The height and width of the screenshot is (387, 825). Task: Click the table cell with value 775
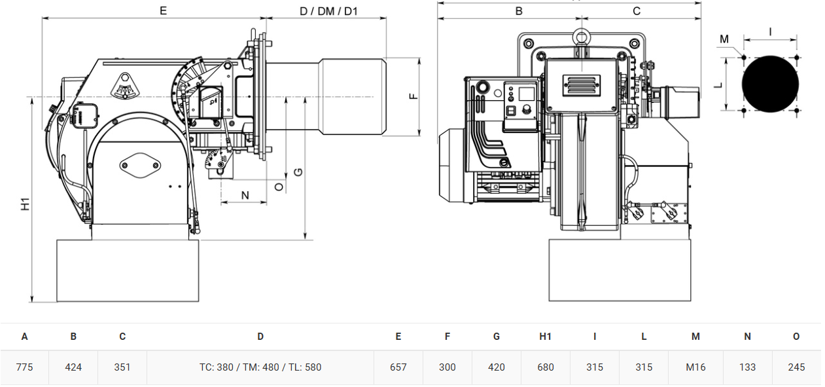click(24, 367)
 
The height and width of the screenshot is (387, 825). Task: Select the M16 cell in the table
click(695, 367)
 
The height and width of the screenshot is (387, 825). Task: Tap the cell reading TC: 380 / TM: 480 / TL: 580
click(260, 367)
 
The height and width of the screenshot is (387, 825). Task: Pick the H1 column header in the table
click(545, 336)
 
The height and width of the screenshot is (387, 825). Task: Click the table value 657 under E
click(398, 367)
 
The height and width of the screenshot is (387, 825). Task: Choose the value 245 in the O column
click(796, 367)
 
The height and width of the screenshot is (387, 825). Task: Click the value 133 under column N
click(747, 367)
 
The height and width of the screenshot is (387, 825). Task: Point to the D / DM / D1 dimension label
click(328, 11)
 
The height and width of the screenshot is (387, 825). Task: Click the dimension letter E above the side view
click(163, 10)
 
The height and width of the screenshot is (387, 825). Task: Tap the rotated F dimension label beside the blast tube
click(413, 96)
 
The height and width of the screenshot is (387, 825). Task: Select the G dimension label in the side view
click(298, 172)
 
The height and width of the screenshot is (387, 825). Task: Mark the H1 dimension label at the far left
click(25, 204)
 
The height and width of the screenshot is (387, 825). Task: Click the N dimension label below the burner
click(245, 195)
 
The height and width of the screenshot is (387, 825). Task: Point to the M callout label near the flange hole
click(724, 39)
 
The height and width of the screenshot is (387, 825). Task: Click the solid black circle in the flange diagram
click(770, 84)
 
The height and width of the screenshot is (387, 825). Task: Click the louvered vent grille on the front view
click(581, 86)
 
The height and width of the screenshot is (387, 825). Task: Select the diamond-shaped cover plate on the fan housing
click(140, 165)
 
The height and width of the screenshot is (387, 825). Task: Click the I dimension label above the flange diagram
click(770, 32)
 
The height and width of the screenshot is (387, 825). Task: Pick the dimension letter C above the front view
click(637, 11)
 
